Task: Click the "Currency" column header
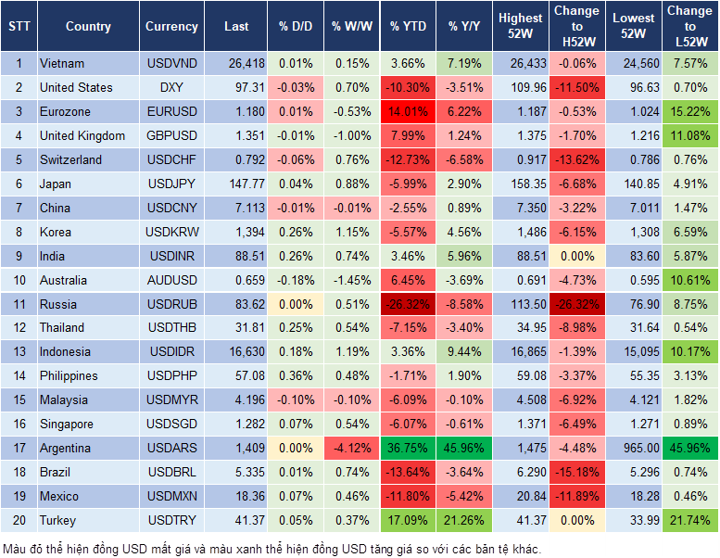pos(171,27)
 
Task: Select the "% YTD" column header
pos(408,27)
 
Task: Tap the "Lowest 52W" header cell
pos(635,27)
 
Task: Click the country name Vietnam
pos(62,63)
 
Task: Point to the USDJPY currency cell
pos(171,184)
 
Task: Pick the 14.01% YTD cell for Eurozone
pos(408,111)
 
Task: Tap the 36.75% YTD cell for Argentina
pos(408,449)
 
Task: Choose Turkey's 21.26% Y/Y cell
pos(465,521)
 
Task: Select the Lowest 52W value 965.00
pos(635,449)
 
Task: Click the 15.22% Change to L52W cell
pos(689,111)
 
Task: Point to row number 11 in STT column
pos(19,304)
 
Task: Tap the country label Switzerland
pos(71,159)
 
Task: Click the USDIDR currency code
pos(171,352)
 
